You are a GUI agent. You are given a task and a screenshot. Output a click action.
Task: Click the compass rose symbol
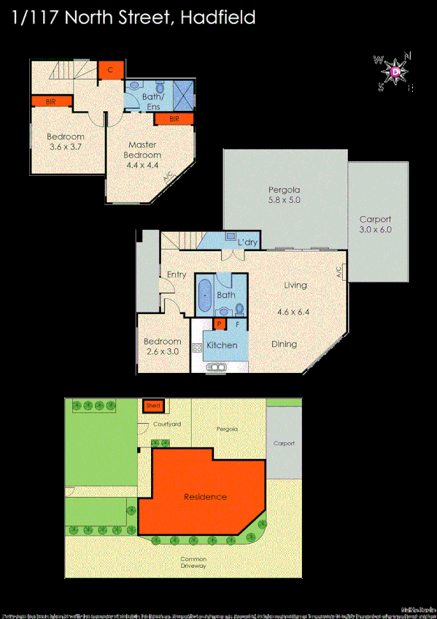point(395,72)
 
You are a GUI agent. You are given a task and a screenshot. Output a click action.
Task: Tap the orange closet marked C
point(110,69)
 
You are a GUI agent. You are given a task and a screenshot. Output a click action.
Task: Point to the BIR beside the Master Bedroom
point(174,118)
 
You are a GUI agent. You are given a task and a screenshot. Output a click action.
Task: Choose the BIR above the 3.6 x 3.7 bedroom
point(51,101)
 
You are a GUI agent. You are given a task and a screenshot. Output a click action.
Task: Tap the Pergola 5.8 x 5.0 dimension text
point(284,199)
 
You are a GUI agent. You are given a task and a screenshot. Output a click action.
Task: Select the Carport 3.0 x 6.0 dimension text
point(376,229)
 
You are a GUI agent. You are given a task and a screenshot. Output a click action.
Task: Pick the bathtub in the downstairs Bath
point(204,295)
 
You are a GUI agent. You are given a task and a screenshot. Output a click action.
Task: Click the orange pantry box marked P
point(218,324)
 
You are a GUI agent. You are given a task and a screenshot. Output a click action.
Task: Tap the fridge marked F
point(237,324)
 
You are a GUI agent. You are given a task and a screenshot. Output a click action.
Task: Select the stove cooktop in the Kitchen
point(196,348)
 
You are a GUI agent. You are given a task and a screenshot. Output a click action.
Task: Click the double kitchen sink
point(217,366)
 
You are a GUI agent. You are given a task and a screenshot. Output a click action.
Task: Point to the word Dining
point(284,344)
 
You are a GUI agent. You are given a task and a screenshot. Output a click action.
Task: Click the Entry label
point(177,274)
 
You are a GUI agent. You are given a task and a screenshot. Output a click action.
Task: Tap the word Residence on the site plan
point(205,497)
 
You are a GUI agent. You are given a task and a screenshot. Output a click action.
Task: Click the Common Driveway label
point(193,562)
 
